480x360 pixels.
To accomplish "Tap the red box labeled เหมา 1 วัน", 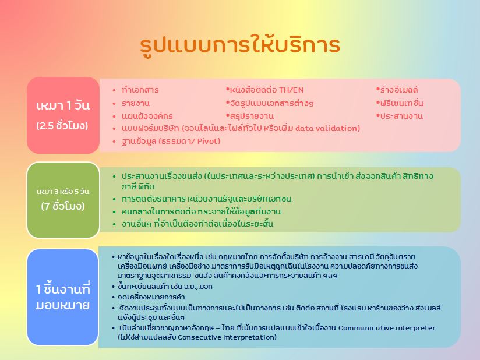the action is coord(63,115).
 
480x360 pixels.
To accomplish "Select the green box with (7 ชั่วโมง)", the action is coord(63,200).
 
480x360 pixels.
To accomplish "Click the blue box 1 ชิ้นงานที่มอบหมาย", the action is coord(63,297).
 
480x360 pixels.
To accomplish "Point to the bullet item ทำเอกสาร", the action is coord(140,90).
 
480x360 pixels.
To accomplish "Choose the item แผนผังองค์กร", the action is coord(147,117).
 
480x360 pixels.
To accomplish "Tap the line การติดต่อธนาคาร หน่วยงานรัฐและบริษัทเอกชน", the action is coord(206,199).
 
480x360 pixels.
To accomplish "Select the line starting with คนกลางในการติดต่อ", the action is coord(201,211).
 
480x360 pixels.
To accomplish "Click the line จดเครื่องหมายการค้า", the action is coord(151,297).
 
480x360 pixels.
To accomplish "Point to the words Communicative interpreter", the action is coord(387,328).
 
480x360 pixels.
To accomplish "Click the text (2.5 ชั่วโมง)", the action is coord(62,126).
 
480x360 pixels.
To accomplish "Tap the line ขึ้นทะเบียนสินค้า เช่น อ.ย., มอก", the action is coord(165,287).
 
